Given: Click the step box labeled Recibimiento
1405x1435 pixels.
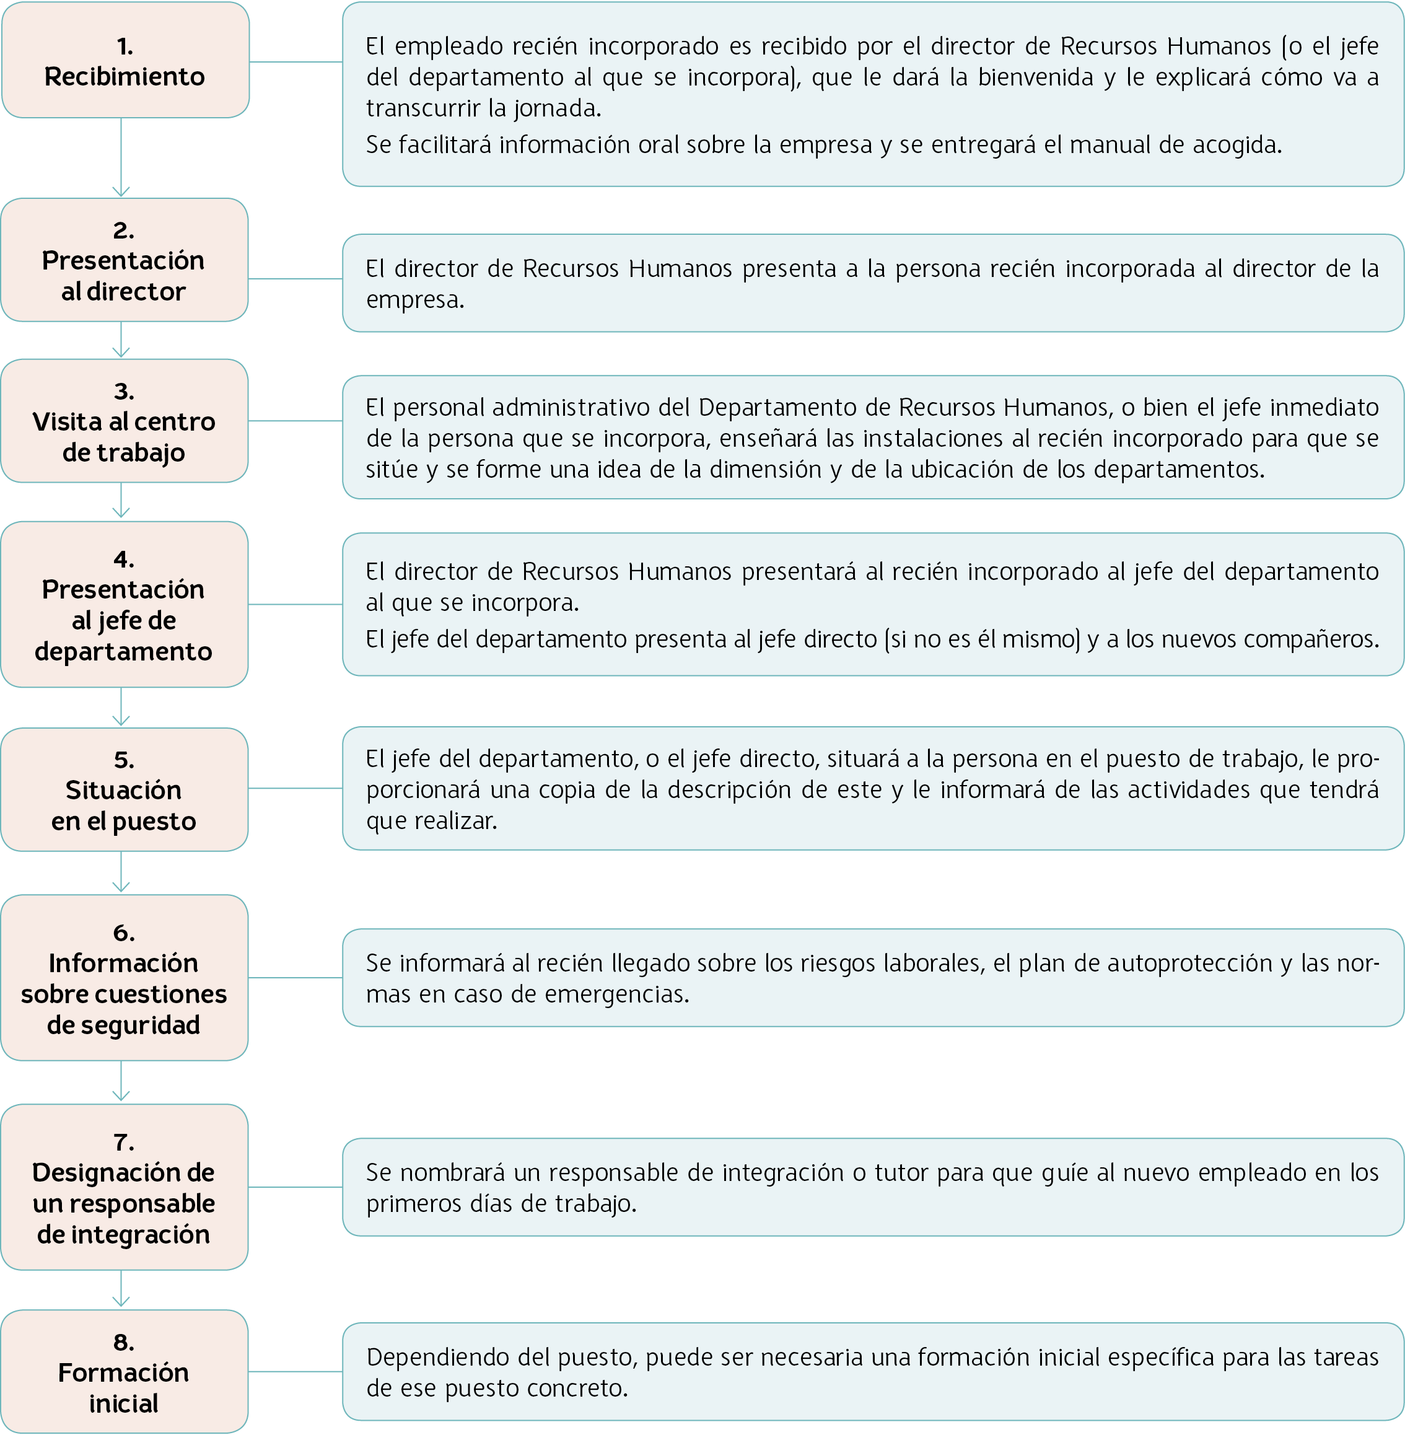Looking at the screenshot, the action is pos(125,59).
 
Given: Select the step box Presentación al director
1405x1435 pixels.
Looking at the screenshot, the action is pos(124,260).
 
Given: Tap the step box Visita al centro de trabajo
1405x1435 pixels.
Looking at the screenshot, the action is pos(124,421).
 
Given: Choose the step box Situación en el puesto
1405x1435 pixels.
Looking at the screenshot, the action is pos(124,790).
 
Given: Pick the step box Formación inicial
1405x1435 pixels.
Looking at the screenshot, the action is pos(124,1372).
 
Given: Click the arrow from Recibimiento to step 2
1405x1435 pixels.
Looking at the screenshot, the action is pos(121,157).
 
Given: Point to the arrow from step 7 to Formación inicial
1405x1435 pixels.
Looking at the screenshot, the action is pos(121,1289).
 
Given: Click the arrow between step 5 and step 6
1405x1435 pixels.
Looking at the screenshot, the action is pos(121,872).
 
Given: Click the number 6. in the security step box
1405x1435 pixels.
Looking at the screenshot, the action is pos(124,933).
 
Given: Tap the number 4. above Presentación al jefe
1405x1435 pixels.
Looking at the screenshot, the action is pos(124,560).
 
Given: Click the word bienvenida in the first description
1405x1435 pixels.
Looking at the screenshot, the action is pos(1036,77).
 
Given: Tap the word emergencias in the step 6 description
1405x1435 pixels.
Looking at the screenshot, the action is pos(617,995).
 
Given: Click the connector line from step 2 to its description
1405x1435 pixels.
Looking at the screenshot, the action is pos(295,279).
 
